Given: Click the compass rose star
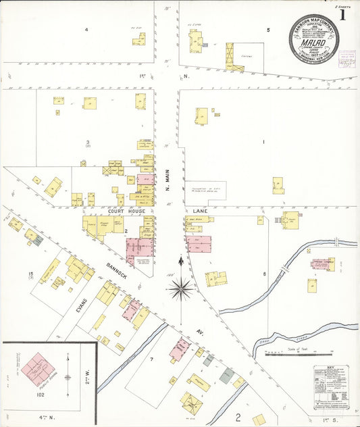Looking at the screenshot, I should point(181,289).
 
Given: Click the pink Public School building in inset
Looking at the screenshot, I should point(38,369).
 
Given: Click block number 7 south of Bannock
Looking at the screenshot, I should point(151,359).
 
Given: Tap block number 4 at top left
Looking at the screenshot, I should point(86,30).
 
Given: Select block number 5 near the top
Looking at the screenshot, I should point(268,30).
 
